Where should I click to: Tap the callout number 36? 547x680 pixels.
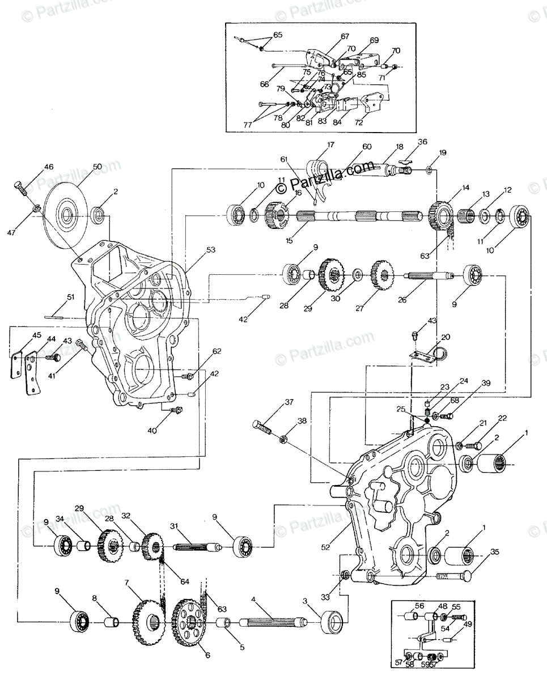[x=422, y=142]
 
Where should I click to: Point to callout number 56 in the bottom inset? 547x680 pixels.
[x=419, y=605]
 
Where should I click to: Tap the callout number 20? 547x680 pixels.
[x=446, y=337]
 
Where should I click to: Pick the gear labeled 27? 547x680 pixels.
[x=382, y=276]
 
